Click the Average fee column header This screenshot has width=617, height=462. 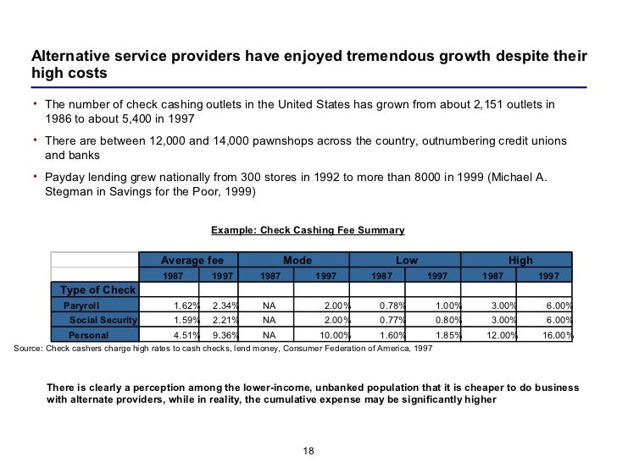(x=192, y=261)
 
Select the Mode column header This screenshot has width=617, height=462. (x=297, y=261)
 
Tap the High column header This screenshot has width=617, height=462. (x=520, y=261)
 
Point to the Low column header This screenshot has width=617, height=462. (x=407, y=261)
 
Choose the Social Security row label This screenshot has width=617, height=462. (x=103, y=320)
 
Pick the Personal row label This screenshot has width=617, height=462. (x=88, y=335)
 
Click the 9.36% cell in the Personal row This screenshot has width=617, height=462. (x=222, y=335)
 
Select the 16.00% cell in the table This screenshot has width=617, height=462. (x=556, y=335)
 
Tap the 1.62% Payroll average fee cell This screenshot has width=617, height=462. (x=186, y=305)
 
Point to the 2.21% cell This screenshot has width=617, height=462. (x=222, y=320)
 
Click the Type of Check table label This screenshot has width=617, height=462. (x=97, y=290)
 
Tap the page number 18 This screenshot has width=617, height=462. (x=308, y=449)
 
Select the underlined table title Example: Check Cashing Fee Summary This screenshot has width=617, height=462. (x=308, y=230)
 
